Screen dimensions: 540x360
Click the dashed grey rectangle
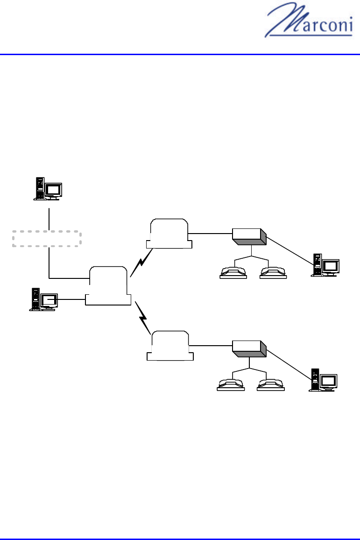tap(47, 239)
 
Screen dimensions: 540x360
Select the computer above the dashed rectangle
tap(48, 189)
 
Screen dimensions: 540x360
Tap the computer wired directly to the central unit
tap(43, 299)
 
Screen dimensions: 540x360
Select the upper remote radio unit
tap(169, 234)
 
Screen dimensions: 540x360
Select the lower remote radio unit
tap(169, 346)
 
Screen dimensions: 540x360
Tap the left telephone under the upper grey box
tap(233, 272)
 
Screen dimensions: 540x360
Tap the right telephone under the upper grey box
tap(272, 272)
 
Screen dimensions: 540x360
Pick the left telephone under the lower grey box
tap(231, 384)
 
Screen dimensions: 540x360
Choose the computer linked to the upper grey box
tap(325, 265)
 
